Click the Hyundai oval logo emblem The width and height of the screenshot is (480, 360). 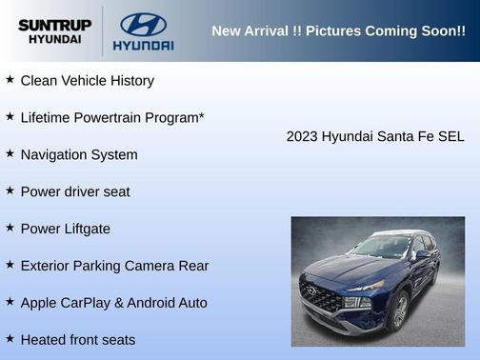[x=143, y=24]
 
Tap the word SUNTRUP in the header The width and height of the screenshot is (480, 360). [x=54, y=25]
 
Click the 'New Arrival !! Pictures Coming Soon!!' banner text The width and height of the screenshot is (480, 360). [x=338, y=31]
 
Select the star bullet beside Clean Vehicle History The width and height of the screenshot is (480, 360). [x=10, y=81]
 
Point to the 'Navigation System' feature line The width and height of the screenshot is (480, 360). [x=79, y=155]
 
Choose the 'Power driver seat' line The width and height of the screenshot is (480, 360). [x=75, y=192]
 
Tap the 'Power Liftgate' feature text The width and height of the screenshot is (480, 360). [x=65, y=230]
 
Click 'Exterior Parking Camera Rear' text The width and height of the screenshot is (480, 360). [x=114, y=267]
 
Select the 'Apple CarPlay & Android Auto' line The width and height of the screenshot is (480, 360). [x=113, y=303]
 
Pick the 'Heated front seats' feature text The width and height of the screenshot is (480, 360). [x=78, y=340]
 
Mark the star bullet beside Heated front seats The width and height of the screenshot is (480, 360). [x=10, y=339]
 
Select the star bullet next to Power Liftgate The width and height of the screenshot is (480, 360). [x=10, y=229]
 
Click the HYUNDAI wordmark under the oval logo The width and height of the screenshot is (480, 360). [x=143, y=45]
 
